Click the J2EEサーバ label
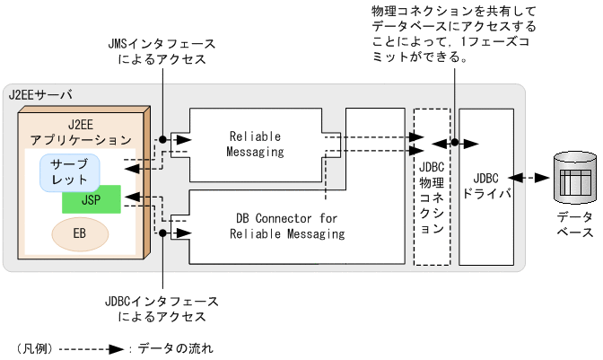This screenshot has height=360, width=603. tap(40, 94)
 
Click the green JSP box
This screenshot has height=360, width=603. tap(91, 199)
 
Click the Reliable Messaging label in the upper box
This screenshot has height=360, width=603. tap(256, 144)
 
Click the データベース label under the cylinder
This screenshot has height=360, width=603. tap(573, 225)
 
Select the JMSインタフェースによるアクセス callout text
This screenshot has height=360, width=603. tap(162, 51)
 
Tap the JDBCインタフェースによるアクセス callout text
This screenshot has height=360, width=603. tap(162, 308)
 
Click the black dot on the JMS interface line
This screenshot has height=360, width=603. tap(162, 139)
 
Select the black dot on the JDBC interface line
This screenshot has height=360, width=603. tap(162, 233)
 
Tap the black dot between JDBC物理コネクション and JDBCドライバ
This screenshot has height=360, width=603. tap(455, 143)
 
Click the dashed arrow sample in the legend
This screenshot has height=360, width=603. tap(90, 347)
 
